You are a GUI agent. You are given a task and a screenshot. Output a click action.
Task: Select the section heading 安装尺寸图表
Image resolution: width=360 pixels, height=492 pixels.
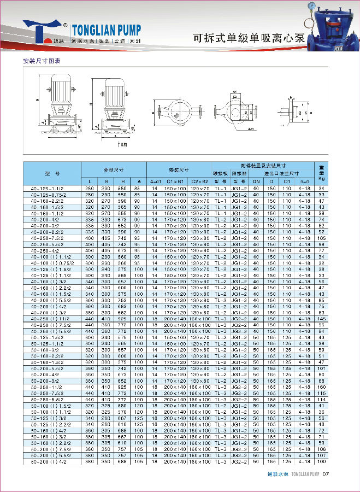41,61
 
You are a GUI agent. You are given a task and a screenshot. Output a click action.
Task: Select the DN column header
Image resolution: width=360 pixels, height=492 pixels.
255,181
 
